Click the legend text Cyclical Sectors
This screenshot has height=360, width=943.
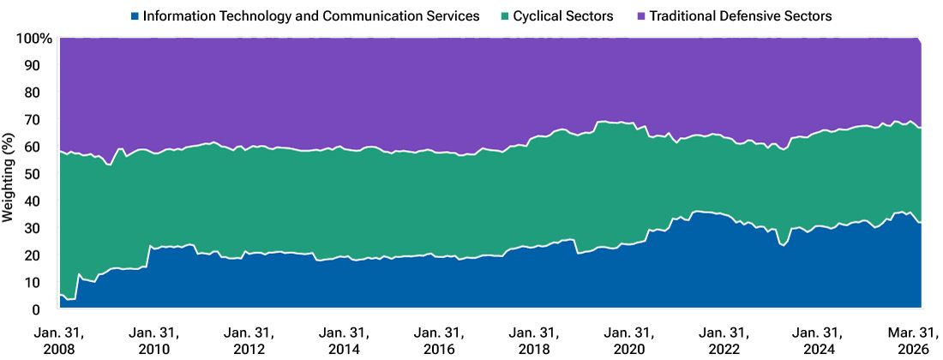[x=563, y=15]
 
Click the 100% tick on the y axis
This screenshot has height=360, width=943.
[x=33, y=39]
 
